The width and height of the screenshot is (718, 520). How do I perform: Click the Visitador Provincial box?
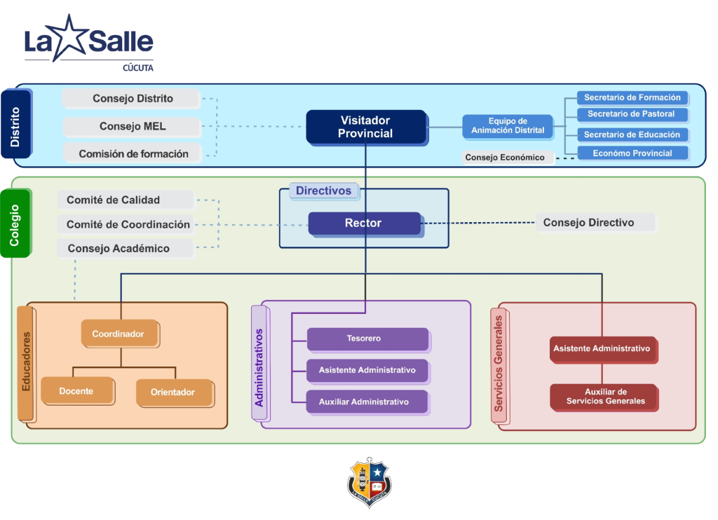coord(365,127)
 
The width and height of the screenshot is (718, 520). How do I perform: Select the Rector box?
coord(364,224)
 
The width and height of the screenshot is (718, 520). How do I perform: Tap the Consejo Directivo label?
coord(589,223)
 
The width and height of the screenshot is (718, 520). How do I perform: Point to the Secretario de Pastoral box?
coord(631,114)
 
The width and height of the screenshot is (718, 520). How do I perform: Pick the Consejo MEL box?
coord(132,127)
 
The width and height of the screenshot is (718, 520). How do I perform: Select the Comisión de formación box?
coord(133,154)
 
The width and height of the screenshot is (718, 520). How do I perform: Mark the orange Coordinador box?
coord(119,334)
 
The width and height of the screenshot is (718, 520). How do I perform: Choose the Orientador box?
coord(172,392)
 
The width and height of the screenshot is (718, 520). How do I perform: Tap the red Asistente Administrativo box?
coord(602,348)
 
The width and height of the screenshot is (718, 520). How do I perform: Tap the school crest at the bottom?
coord(370,484)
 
